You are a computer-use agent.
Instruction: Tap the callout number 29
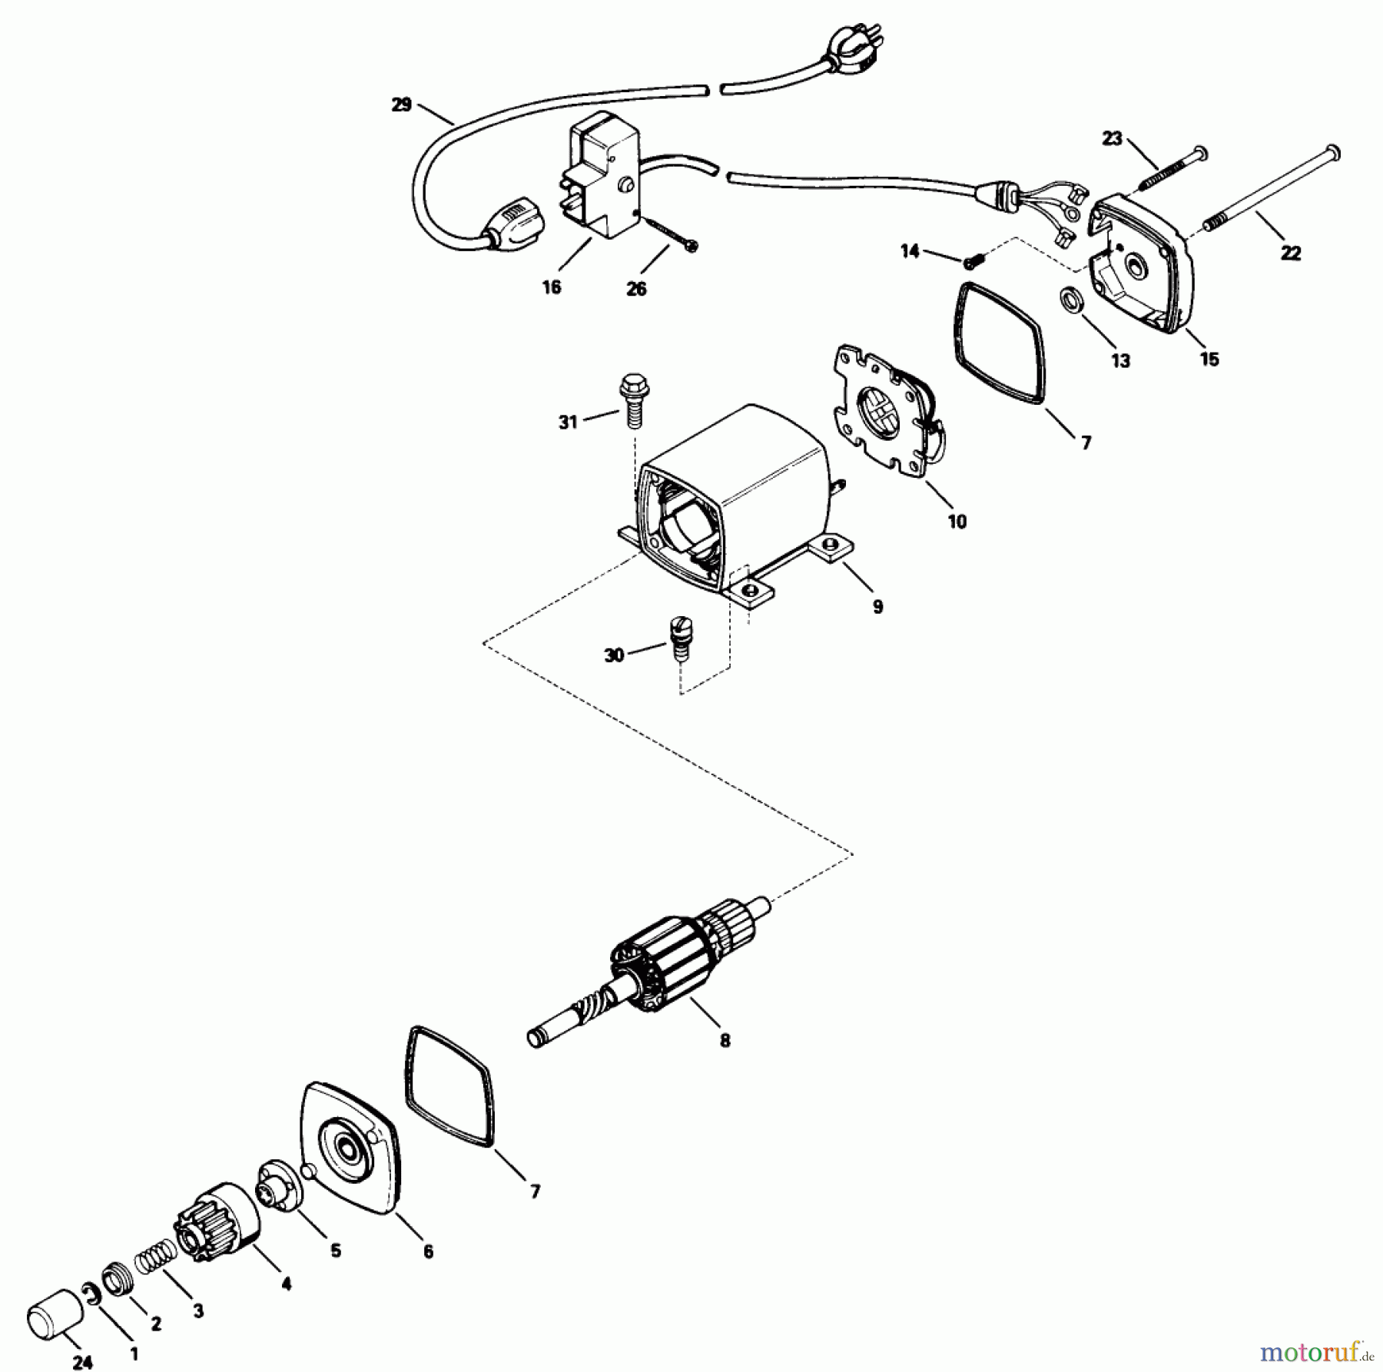coord(401,104)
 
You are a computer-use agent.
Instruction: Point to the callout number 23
coord(1112,138)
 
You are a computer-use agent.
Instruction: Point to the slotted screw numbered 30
coord(678,635)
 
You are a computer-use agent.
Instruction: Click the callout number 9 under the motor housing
coord(877,607)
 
